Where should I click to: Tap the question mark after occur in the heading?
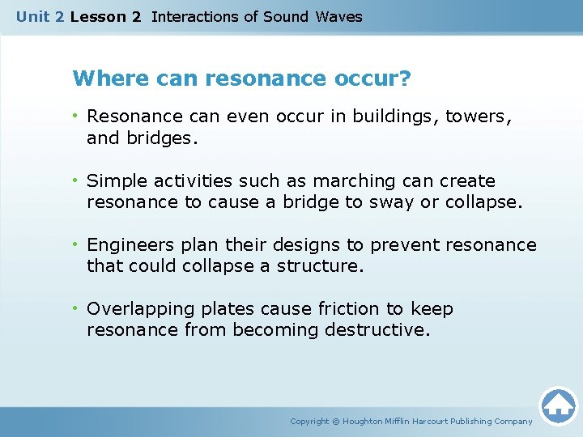(x=405, y=79)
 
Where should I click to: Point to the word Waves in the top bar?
(x=339, y=16)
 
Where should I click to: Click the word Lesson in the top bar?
(x=96, y=16)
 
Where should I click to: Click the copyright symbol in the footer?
(x=338, y=422)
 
